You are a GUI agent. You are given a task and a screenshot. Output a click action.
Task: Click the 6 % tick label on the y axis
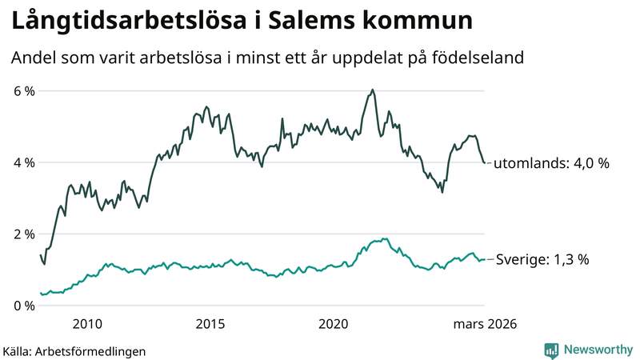pos(24,91)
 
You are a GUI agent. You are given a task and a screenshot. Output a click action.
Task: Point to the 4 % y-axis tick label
pos(24,162)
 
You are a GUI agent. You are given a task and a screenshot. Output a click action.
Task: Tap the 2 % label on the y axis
pos(24,234)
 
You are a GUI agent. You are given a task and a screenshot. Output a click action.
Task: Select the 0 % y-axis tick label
pos(24,306)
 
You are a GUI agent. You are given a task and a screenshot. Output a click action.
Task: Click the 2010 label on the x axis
pos(87,324)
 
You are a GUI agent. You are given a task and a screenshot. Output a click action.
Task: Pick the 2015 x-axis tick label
pos(210,324)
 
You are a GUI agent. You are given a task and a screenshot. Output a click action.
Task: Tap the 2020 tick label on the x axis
pos(334,324)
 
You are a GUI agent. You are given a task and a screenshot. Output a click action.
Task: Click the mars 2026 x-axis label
pos(485,324)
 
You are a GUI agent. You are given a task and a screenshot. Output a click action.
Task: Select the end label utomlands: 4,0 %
pos(551,163)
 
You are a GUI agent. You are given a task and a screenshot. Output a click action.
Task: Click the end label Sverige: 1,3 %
pos(542,259)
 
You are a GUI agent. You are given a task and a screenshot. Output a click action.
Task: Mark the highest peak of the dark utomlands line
pos(373,90)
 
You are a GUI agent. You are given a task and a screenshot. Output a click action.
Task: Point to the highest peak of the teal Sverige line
pos(384,238)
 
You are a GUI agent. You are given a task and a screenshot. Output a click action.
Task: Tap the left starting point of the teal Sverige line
pos(40,294)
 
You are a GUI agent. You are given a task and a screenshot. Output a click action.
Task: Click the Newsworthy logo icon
pos(551,350)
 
